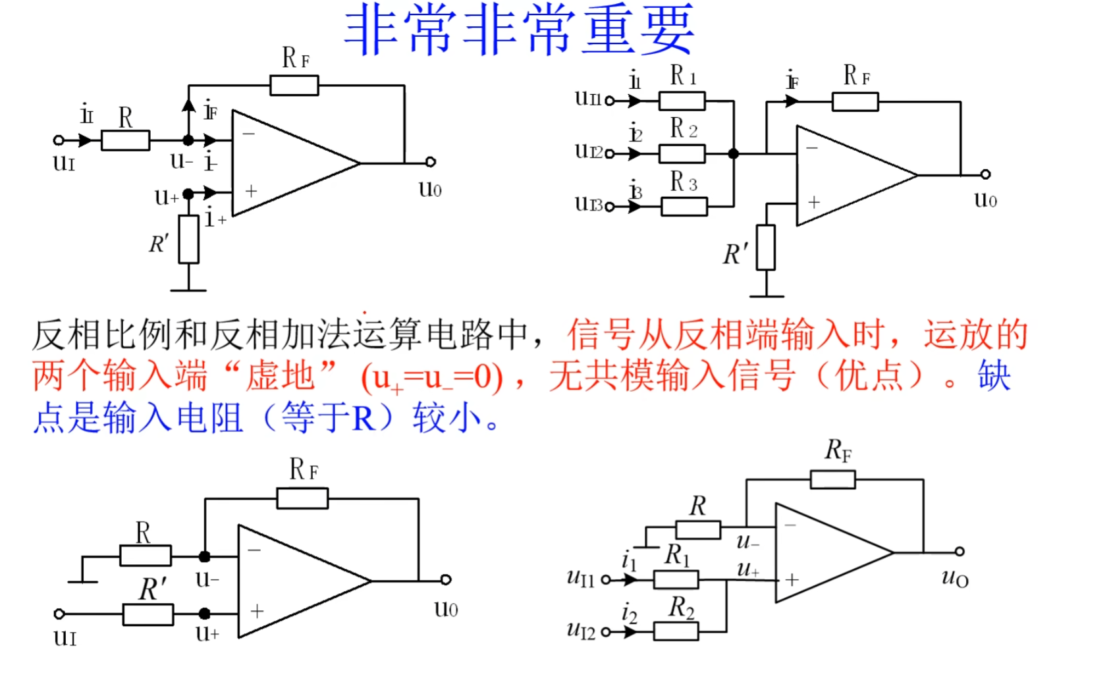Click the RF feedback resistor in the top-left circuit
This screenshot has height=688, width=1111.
294,86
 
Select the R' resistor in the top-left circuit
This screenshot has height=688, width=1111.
189,239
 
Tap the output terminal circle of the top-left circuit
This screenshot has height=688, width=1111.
431,162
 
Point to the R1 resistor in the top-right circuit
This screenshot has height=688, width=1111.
682,101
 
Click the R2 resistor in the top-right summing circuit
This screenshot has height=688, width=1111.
682,154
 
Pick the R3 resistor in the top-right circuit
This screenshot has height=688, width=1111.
684,207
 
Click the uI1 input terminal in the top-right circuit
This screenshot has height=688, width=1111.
610,101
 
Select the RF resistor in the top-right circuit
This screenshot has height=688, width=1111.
855,102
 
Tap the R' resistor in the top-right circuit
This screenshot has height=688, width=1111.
766,248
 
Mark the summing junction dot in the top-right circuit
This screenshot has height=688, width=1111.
734,153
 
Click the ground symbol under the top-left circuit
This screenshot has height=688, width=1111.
188,290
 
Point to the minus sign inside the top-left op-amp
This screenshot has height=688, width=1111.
249,134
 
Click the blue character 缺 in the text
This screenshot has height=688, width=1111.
994,375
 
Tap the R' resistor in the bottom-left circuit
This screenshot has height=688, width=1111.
148,614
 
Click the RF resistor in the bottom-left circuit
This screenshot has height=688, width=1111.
302,498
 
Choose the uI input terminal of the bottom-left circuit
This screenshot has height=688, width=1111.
59,614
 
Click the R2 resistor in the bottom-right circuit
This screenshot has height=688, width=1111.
676,631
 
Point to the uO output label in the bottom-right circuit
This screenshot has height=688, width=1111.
955,579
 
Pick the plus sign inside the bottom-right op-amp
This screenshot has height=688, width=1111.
792,579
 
